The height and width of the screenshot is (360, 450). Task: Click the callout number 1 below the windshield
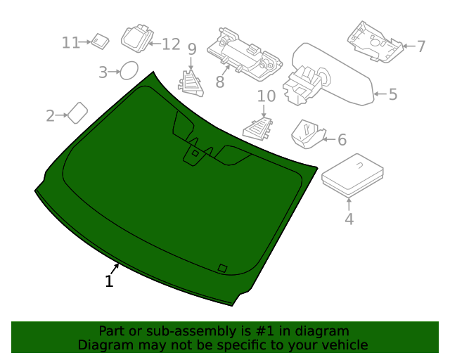click(x=109, y=282)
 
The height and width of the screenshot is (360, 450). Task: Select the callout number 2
click(x=51, y=116)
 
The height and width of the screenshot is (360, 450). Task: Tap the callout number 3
click(x=103, y=72)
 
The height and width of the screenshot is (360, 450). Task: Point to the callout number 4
click(x=349, y=219)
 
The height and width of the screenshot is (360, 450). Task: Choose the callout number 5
click(x=392, y=94)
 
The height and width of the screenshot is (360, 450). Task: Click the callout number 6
click(x=342, y=140)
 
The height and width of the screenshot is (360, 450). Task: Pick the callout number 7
click(x=420, y=47)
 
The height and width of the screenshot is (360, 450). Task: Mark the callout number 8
click(x=219, y=83)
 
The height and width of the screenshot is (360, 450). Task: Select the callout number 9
click(x=191, y=49)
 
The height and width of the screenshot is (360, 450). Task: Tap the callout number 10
click(x=266, y=96)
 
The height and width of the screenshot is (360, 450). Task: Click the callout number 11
click(x=70, y=43)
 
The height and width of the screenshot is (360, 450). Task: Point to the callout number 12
click(x=171, y=44)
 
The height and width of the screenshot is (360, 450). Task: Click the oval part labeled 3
click(x=129, y=70)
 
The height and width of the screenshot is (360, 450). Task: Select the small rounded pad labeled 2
click(x=77, y=112)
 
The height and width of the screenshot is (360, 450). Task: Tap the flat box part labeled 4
click(x=352, y=174)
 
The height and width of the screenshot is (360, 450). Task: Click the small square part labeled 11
click(x=101, y=41)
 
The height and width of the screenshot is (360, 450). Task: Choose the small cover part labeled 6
click(x=307, y=134)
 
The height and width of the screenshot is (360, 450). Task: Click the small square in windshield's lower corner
click(x=222, y=267)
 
